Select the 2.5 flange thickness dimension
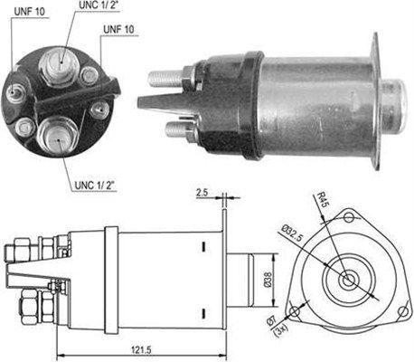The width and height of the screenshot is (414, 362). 203,193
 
